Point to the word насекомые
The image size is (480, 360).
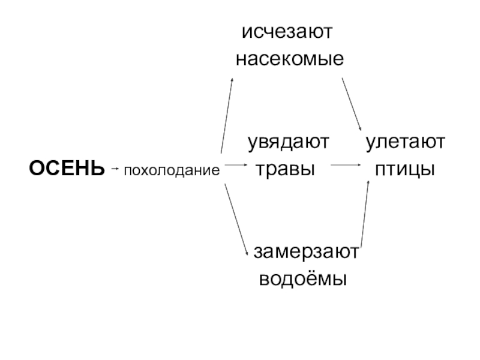289,59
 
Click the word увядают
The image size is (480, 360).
290,143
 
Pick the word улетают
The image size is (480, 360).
406,143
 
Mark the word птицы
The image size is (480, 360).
404,169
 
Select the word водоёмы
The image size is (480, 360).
303,279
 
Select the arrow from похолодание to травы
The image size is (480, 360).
235,164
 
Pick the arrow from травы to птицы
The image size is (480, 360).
345,164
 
